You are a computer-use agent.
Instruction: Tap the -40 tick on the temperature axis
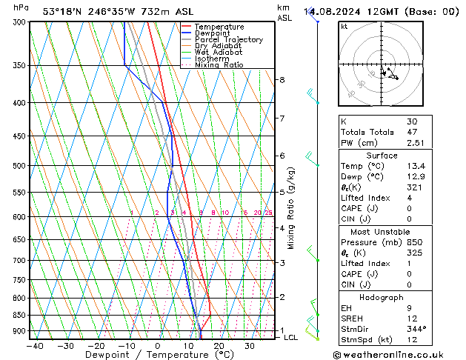[x=35, y=345]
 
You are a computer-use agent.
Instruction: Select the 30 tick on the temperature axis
[x=250, y=345]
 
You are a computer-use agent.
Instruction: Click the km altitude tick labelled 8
[x=282, y=80]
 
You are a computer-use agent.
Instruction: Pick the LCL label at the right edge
[x=291, y=337]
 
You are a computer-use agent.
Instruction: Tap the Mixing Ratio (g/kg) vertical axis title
[x=291, y=208]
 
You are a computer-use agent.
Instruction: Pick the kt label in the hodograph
[x=344, y=26]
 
